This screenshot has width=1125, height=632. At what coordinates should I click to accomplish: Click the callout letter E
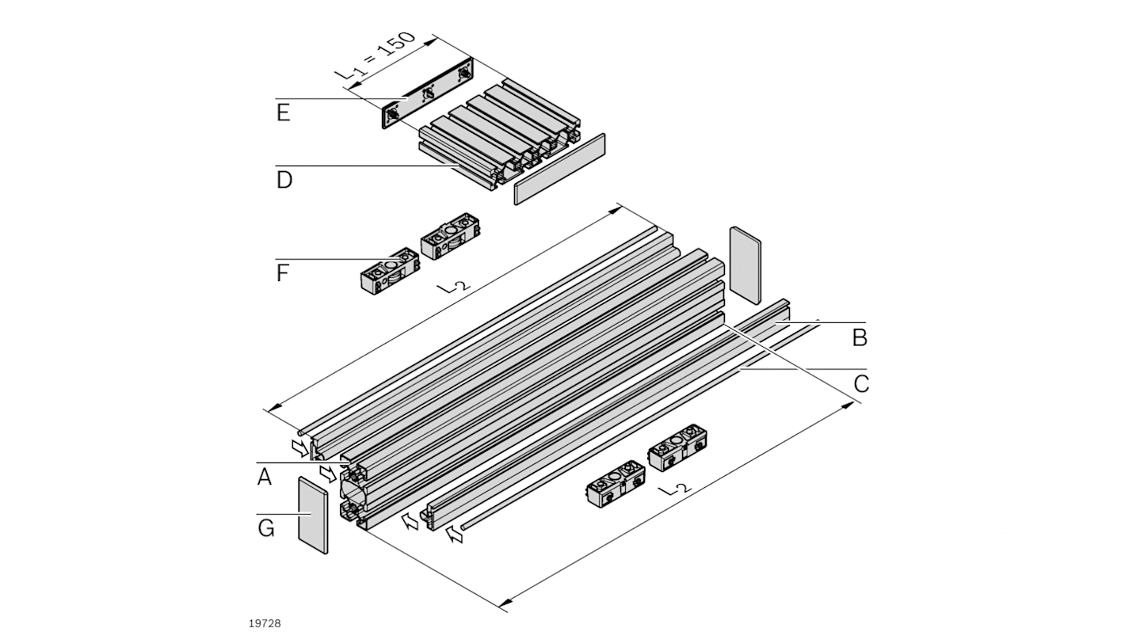[x=283, y=112]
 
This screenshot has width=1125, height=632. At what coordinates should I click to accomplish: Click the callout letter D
[x=284, y=180]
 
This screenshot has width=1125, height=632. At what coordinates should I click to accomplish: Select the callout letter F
[x=283, y=274]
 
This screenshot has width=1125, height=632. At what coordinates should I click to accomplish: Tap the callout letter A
[x=264, y=477]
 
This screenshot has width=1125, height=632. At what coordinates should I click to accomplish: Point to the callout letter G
[x=265, y=527]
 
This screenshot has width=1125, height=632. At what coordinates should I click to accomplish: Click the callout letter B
[x=860, y=338]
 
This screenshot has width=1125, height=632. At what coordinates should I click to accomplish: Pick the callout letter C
[x=861, y=384]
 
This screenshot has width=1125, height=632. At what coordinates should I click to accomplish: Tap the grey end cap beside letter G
[x=314, y=516]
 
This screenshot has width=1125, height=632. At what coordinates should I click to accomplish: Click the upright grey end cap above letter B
[x=745, y=264]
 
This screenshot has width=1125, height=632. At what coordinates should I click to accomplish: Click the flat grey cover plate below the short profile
[x=559, y=169]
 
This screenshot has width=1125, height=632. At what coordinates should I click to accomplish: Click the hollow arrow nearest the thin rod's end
[x=456, y=536]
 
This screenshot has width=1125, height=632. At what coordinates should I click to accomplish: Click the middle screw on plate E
[x=428, y=94]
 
